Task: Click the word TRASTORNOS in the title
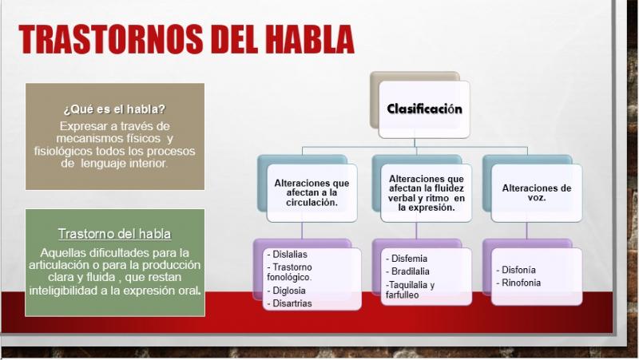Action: [111, 39]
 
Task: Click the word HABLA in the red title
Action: [310, 39]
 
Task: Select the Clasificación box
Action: [424, 109]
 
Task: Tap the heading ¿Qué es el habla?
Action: [114, 109]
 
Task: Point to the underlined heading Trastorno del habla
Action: [114, 234]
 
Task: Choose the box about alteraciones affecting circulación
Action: [312, 192]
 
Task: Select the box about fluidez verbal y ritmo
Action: [426, 192]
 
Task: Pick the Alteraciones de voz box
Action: [536, 192]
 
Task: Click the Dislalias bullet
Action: [287, 254]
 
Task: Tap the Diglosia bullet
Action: [287, 291]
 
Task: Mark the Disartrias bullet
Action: [289, 303]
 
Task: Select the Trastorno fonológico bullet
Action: [289, 272]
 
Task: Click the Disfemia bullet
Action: [407, 259]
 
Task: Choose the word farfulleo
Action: [403, 295]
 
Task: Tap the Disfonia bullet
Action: [516, 270]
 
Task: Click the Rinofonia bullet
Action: [518, 283]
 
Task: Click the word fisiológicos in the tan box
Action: [63, 151]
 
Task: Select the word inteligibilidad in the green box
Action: [69, 291]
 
